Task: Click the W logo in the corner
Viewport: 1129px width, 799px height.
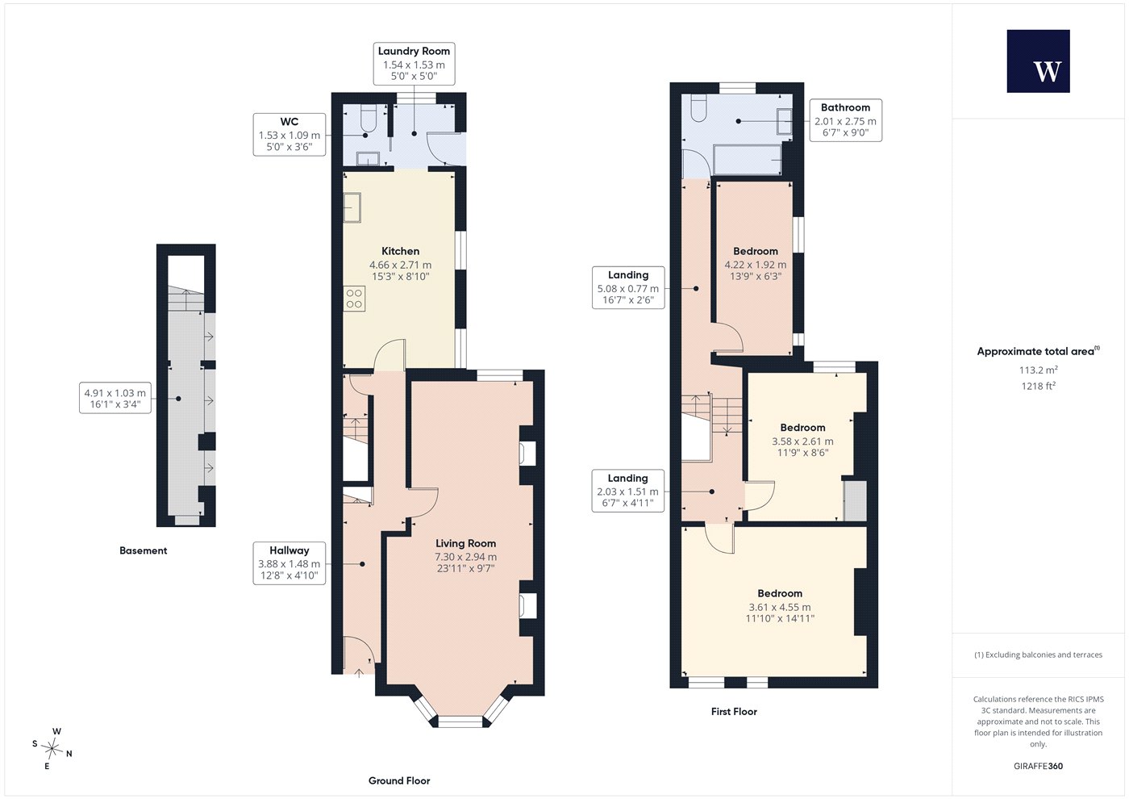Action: click(1038, 61)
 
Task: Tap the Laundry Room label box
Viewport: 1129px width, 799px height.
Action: click(414, 64)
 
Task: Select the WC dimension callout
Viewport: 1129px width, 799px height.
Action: click(290, 134)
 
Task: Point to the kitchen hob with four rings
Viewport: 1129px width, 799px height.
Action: click(354, 298)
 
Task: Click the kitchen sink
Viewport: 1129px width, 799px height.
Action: click(352, 207)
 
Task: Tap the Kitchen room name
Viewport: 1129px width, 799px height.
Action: click(400, 251)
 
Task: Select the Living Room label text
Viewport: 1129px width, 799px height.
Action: click(466, 543)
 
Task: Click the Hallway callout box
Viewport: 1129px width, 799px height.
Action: click(290, 563)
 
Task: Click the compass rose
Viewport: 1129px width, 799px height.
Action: click(52, 748)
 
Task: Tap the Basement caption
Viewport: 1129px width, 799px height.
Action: click(144, 550)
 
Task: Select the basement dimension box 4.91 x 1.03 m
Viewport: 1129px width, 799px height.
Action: click(115, 398)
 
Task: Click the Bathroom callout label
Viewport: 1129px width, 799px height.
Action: click(845, 120)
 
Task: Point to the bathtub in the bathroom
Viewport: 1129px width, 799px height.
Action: click(747, 160)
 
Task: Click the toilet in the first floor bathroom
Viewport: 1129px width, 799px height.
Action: click(698, 108)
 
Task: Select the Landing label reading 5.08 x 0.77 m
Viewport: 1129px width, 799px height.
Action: click(628, 287)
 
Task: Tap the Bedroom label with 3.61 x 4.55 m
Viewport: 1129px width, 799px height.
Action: click(780, 606)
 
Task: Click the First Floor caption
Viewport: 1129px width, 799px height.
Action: click(734, 711)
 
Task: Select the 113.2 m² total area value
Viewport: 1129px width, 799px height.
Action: click(1039, 370)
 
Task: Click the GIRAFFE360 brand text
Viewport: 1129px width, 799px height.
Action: click(1039, 766)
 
